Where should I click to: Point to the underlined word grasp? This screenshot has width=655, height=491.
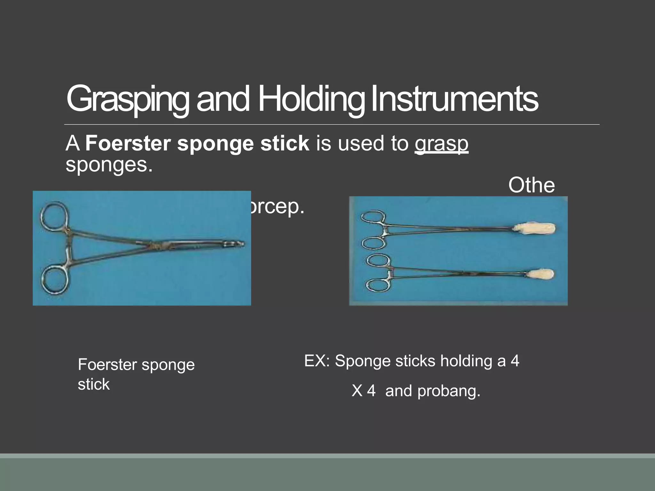pyautogui.click(x=441, y=144)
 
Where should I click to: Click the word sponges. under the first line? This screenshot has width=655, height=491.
pyautogui.click(x=109, y=165)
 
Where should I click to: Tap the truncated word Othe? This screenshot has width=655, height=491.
pyautogui.click(x=532, y=185)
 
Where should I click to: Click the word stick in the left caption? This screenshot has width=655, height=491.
pyautogui.click(x=94, y=384)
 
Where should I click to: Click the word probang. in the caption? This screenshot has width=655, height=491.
pyautogui.click(x=449, y=391)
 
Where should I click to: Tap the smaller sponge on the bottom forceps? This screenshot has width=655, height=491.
pyautogui.click(x=541, y=274)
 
